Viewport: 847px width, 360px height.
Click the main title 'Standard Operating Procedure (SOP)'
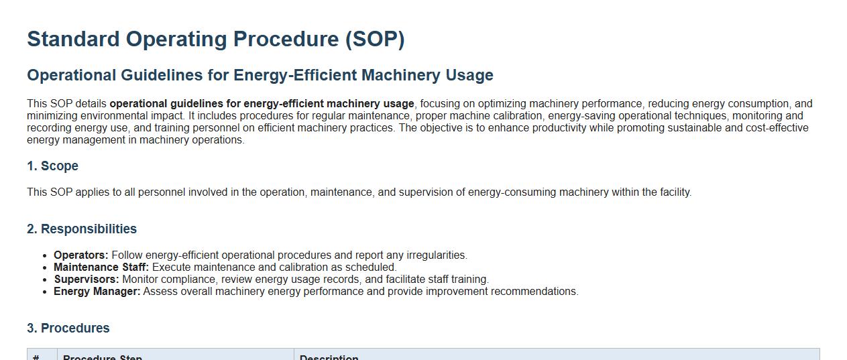[215, 40]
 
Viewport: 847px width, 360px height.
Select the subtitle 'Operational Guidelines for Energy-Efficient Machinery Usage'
[260, 75]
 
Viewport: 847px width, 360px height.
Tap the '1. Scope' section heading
[52, 166]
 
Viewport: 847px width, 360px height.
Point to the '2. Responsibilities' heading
[82, 229]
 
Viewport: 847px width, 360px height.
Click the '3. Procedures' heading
[68, 328]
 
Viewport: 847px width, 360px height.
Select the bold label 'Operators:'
[81, 255]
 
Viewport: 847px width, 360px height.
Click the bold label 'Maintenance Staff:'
[101, 267]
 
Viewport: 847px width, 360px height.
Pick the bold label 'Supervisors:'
[87, 280]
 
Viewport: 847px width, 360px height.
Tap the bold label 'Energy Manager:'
[97, 292]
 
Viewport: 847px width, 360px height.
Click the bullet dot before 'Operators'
[45, 256]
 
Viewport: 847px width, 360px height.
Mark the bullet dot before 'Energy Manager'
[45, 292]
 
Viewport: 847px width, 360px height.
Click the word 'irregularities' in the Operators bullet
[436, 255]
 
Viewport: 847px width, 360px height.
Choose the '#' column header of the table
[36, 357]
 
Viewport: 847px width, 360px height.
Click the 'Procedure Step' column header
[103, 357]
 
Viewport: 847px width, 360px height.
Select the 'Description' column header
[329, 357]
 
